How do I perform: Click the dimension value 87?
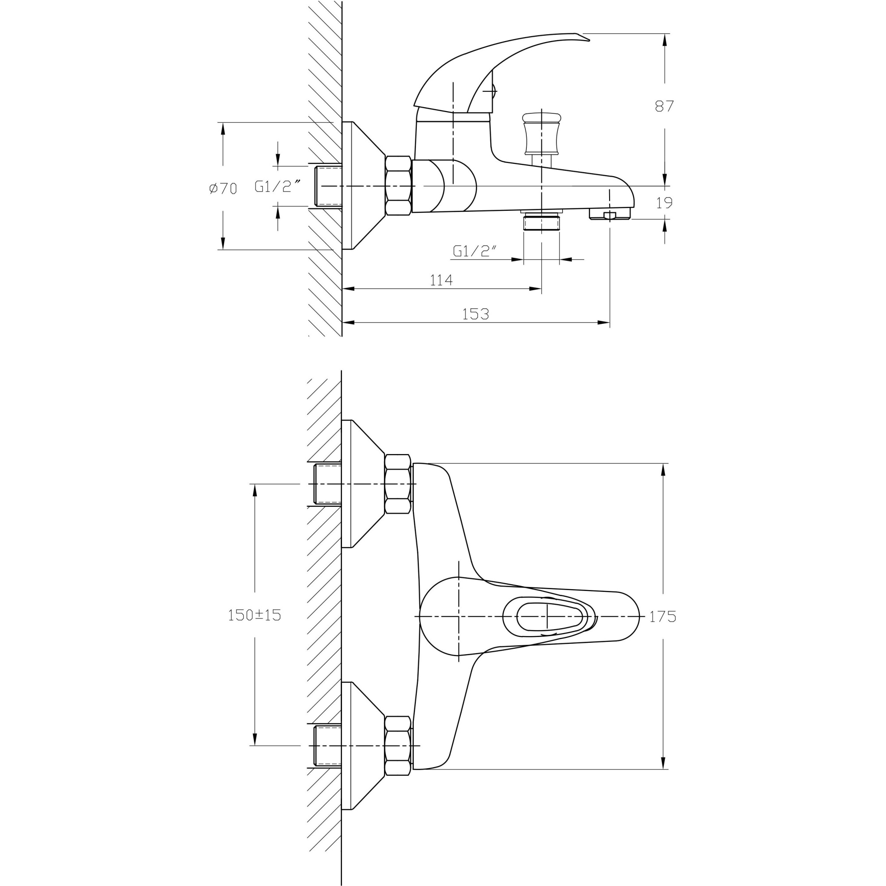coord(664,106)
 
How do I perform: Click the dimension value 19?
coord(664,203)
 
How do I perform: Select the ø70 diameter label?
coord(223,188)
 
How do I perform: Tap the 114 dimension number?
coord(441,280)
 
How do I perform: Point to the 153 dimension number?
coord(475,314)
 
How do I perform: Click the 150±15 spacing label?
coord(255,615)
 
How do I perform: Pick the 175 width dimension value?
coord(663,617)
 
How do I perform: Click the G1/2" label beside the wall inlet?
coord(278,187)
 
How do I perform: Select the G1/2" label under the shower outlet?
coord(475,251)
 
